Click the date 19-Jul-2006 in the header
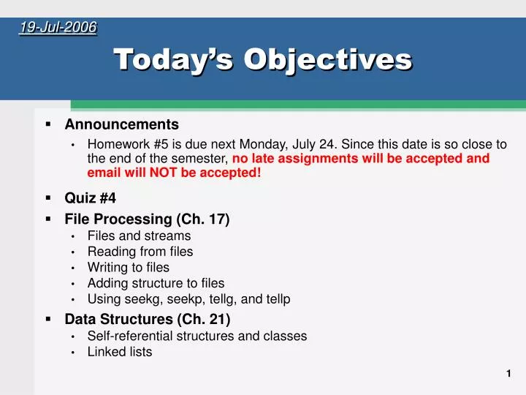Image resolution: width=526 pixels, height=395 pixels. coord(58,28)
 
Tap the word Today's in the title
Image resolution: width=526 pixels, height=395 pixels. coord(173,59)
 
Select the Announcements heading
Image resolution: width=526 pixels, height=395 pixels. coord(121,124)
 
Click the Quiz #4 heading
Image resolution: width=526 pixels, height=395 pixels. coord(90,197)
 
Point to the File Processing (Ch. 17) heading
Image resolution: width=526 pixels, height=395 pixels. coord(147,219)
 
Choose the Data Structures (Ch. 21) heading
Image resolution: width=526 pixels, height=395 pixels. coord(147,319)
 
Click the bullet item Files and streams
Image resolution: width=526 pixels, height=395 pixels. coord(139,236)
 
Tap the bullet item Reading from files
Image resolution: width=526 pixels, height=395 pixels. coord(140,252)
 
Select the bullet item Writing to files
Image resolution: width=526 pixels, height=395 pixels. coord(128,267)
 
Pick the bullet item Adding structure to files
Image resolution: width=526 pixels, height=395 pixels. coord(156,283)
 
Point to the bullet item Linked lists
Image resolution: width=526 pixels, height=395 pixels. coord(120,352)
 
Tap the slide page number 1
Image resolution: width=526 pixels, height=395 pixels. coord(508,374)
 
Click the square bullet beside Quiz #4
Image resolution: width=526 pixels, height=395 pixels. coord(47,197)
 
